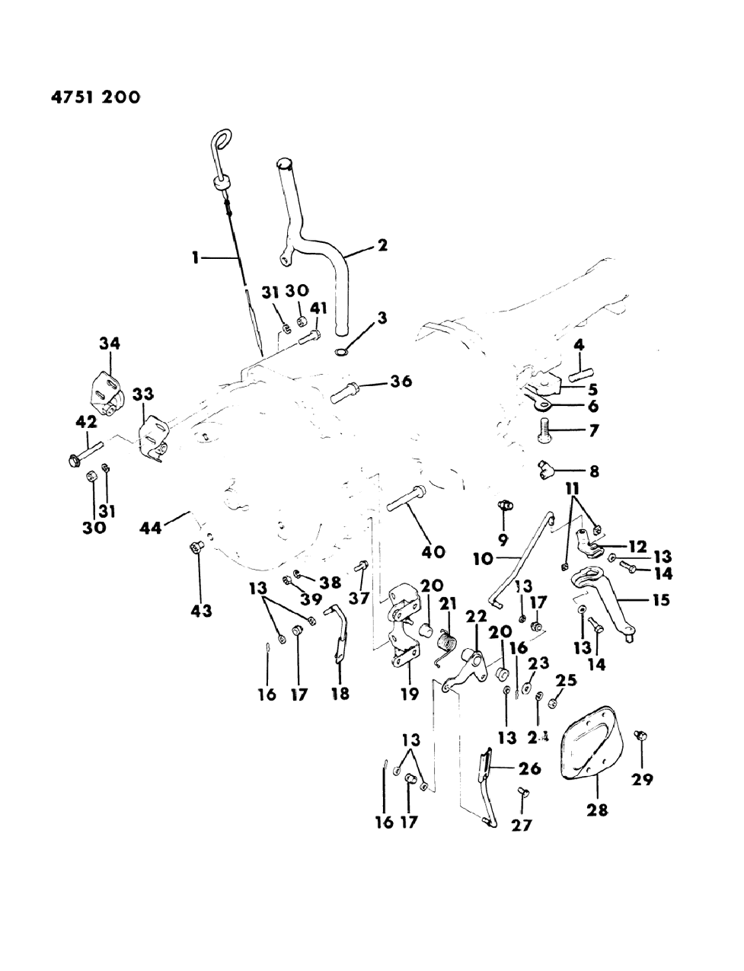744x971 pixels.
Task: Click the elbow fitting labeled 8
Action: point(548,465)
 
